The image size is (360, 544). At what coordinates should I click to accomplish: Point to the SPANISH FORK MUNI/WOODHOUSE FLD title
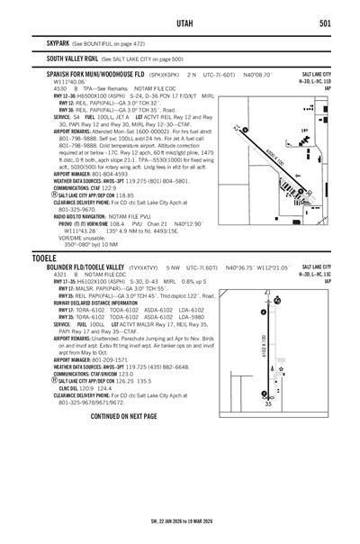point(96,74)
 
